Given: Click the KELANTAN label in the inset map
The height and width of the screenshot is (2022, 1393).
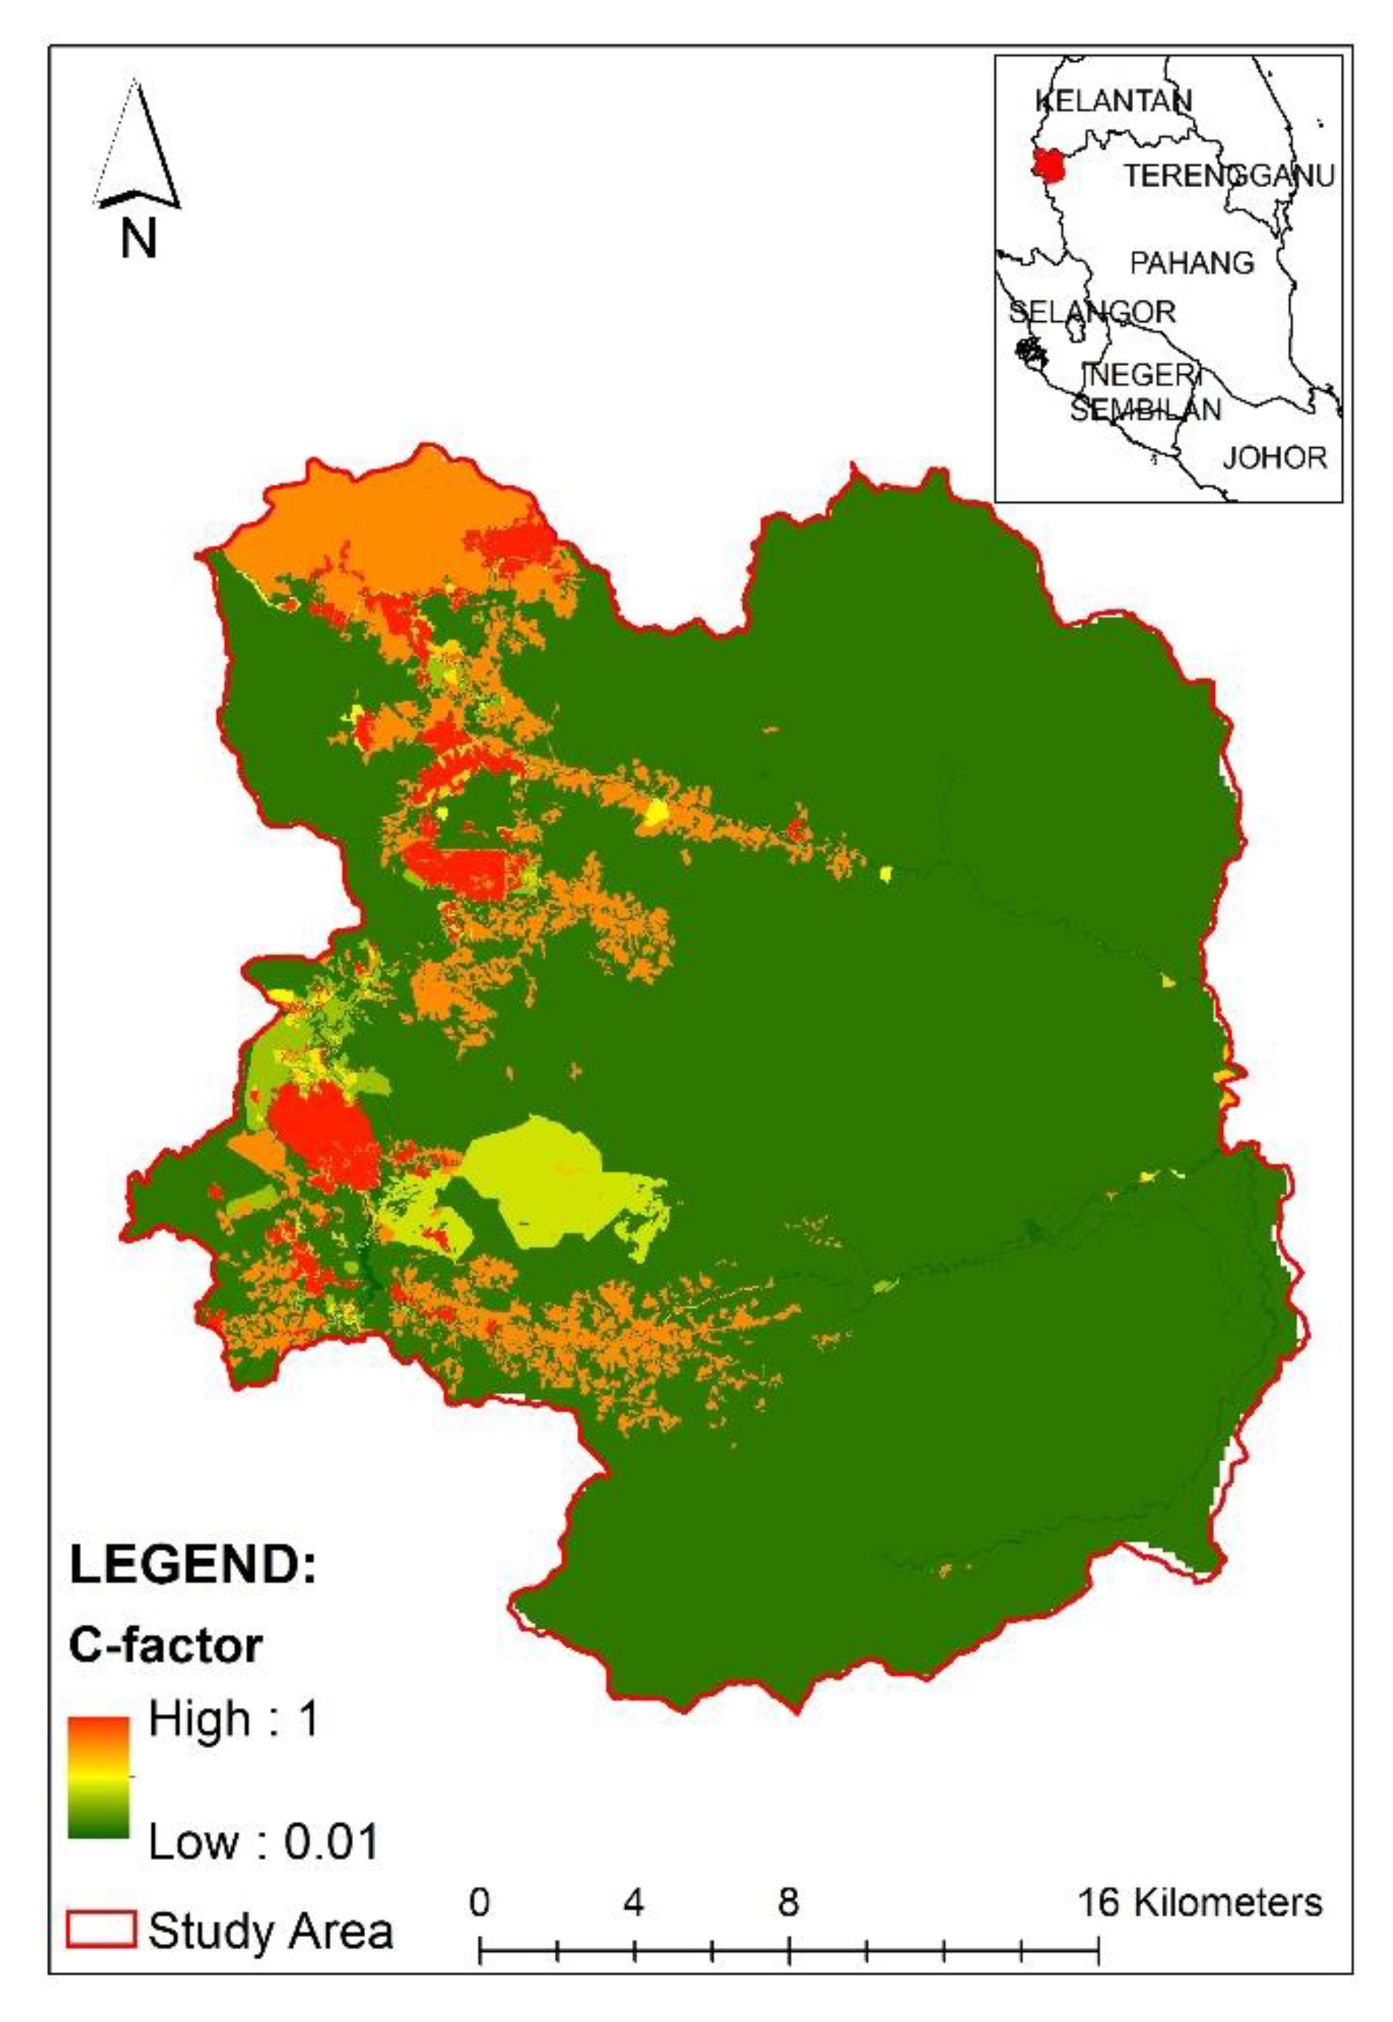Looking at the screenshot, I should [x=1113, y=101].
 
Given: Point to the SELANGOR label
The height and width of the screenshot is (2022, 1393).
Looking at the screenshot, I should [x=1092, y=312].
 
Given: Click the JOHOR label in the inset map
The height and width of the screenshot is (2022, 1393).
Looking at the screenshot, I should [x=1274, y=458].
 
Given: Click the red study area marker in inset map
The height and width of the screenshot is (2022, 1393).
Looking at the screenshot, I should [x=1046, y=165].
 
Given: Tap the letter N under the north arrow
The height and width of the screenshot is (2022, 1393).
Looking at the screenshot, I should [x=138, y=237].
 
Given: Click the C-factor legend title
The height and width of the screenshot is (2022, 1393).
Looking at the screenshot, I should [x=165, y=1646].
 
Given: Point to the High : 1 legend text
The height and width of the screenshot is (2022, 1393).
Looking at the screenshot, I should [x=234, y=1719].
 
